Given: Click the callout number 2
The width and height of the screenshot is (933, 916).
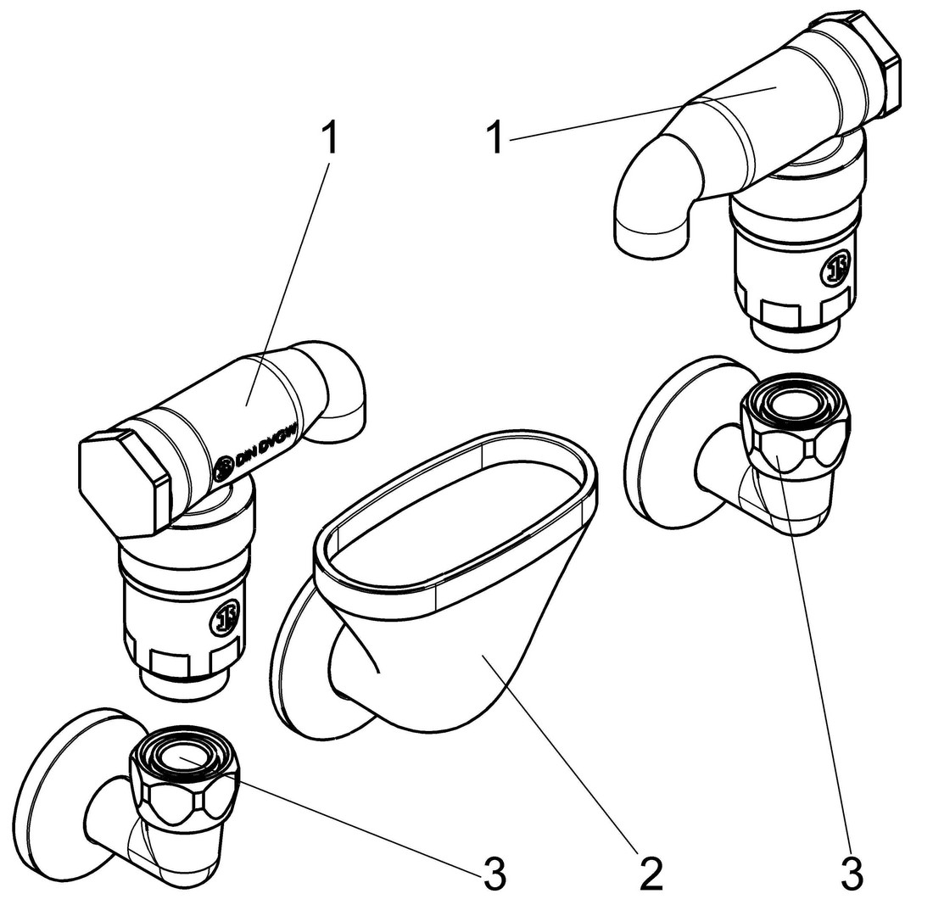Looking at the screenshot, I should [651, 874].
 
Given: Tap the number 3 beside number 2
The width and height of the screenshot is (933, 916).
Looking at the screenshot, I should [494, 874].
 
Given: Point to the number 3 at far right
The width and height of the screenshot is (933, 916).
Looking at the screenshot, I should [852, 874].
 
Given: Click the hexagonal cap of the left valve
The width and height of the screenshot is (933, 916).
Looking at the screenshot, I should [119, 483].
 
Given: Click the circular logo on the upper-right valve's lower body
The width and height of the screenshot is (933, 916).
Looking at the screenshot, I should [838, 269].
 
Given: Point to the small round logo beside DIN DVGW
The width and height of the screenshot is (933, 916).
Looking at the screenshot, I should [224, 467].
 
